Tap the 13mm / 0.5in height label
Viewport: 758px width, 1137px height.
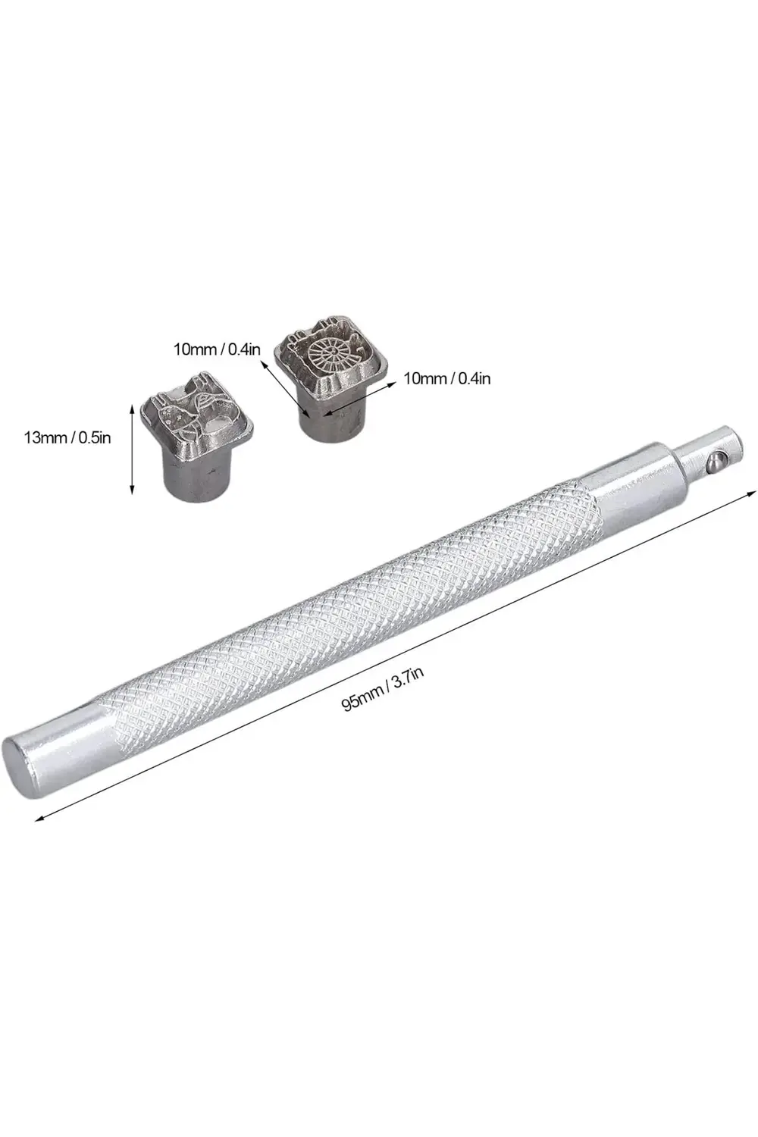point(67,437)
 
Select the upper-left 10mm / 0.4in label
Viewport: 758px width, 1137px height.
point(218,349)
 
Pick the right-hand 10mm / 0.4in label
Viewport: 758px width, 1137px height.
point(446,378)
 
